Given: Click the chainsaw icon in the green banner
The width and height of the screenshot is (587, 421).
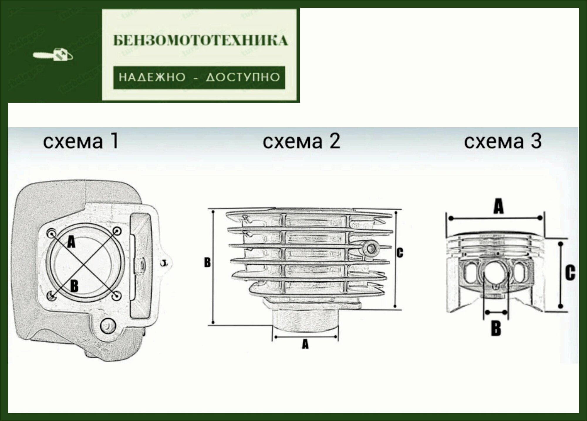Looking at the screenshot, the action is click(x=53, y=55).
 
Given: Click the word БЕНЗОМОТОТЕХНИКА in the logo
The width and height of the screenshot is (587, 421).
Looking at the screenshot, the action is click(x=200, y=41).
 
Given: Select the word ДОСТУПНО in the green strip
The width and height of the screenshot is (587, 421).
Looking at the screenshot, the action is click(x=243, y=78).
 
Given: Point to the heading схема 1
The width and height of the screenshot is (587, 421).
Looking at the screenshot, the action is click(x=81, y=141).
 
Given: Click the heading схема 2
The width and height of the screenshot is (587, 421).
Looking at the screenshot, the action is click(x=301, y=141).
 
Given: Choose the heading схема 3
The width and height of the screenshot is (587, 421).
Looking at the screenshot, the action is click(x=503, y=141).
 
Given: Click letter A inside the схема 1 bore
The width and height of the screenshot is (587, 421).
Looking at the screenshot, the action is click(x=71, y=242).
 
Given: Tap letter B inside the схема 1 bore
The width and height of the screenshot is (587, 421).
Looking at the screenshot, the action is click(x=74, y=285).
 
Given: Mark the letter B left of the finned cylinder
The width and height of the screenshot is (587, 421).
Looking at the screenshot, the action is click(x=207, y=262).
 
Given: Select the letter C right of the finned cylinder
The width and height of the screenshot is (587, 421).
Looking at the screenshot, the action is click(x=400, y=253).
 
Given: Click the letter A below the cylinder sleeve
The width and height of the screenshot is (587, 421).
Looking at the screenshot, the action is click(x=305, y=344).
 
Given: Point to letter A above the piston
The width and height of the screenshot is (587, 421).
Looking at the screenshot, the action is click(x=498, y=206).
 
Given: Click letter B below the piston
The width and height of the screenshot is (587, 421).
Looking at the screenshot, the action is click(x=496, y=328).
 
